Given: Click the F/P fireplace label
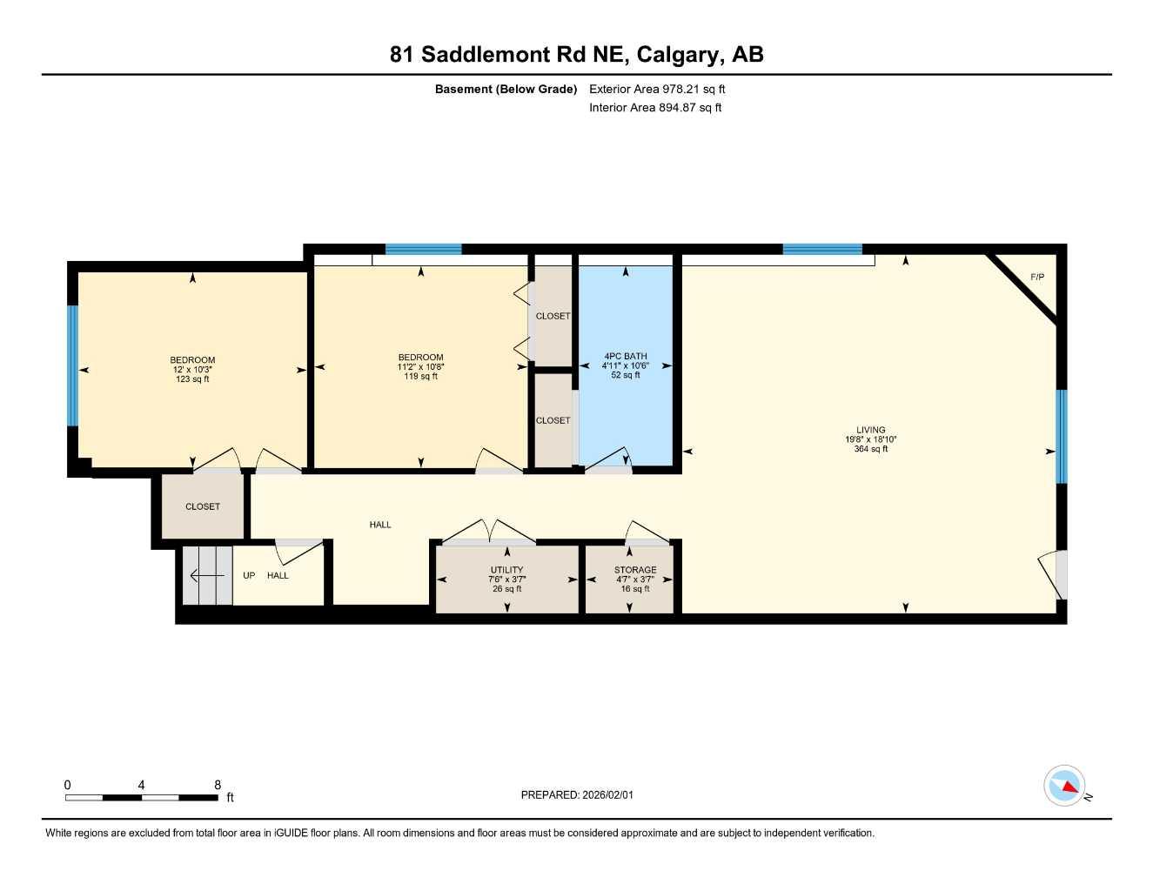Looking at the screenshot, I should point(1036,278).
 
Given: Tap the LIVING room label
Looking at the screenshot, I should point(870,430).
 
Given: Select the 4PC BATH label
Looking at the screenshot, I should point(625,357).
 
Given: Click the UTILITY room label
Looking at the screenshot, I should point(506,571).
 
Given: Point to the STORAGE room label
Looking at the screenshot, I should point(634,571).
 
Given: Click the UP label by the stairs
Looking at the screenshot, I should point(249,576).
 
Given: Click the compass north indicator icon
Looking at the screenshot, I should point(1064,786).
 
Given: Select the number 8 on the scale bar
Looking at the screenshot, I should point(218,785).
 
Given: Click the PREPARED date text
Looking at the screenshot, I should point(577,795).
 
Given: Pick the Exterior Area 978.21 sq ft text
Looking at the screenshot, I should point(657,89).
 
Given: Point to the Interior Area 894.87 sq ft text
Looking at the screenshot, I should point(655,108).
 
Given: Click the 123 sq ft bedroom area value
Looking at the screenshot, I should point(192,379).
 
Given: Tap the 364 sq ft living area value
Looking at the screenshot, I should point(870,449).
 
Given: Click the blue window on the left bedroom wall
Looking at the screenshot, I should point(73,365).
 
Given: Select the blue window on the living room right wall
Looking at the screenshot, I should point(1061,436).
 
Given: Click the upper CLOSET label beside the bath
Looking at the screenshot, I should point(553,317).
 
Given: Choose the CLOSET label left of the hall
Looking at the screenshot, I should point(203,506).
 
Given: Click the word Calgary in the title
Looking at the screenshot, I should point(679,55).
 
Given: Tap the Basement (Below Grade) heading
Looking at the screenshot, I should point(506,89).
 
